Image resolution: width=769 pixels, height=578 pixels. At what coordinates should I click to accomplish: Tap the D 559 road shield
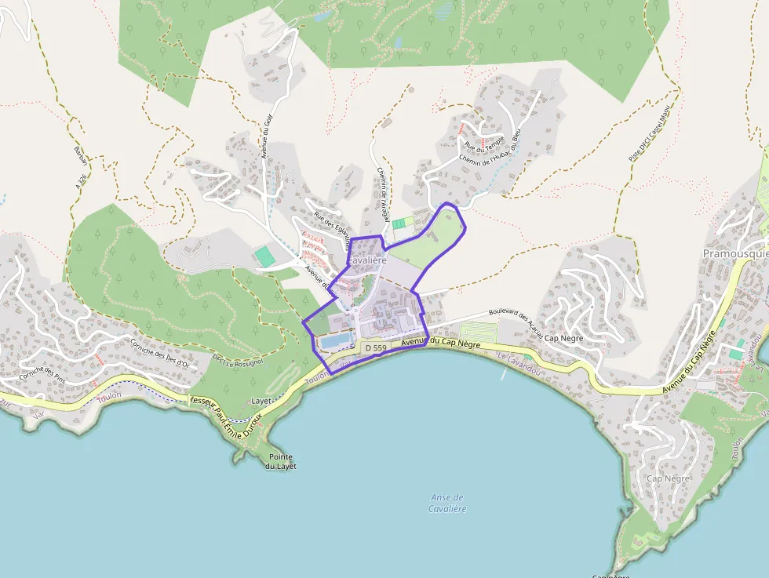(376, 347)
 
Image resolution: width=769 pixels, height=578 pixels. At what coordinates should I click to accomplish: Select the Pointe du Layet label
(280, 461)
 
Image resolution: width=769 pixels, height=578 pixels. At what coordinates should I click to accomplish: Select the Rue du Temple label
(484, 143)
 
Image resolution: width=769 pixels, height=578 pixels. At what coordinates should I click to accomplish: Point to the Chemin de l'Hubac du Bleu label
(490, 150)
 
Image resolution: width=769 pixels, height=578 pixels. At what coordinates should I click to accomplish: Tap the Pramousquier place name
(735, 254)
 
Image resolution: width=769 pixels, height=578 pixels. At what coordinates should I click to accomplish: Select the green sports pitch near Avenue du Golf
(264, 256)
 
